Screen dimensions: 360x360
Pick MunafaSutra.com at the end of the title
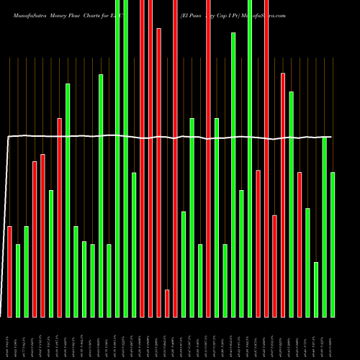pos(264,15)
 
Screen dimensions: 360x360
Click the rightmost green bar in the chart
pos(333,245)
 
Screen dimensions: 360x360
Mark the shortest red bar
pos(167,303)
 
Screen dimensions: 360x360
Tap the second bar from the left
pos(18,281)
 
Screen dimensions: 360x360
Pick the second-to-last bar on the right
pos(324,227)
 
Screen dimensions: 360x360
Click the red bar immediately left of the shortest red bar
pos(159,173)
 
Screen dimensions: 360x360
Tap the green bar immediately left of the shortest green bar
pos(307,263)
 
